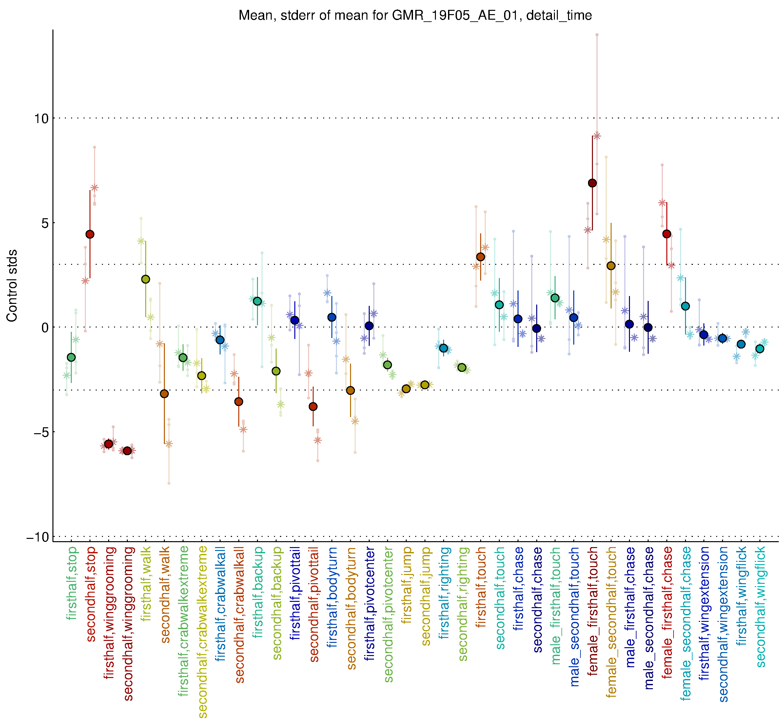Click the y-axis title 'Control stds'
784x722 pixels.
point(12,286)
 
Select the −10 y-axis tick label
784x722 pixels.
point(39,537)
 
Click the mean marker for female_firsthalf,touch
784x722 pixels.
point(592,183)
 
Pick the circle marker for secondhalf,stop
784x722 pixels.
point(90,234)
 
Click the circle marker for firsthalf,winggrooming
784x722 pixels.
point(108,444)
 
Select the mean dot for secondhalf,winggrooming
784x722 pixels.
point(127,451)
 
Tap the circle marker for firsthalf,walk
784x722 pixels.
point(146,279)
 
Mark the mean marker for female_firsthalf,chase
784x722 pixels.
point(667,234)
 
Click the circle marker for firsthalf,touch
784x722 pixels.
point(480,257)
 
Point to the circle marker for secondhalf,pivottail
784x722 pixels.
point(313,407)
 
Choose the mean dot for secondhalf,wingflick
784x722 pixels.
point(759,349)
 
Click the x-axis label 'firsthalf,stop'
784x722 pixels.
point(72,583)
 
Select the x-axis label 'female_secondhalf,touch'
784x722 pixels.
point(612,622)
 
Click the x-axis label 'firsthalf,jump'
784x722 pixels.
point(407,585)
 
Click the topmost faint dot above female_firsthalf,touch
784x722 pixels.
point(597,35)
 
